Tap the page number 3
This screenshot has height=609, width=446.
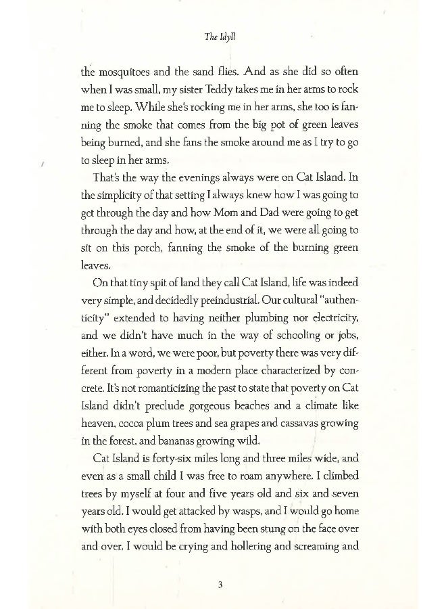point(221,586)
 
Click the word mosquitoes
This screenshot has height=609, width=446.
point(126,72)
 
